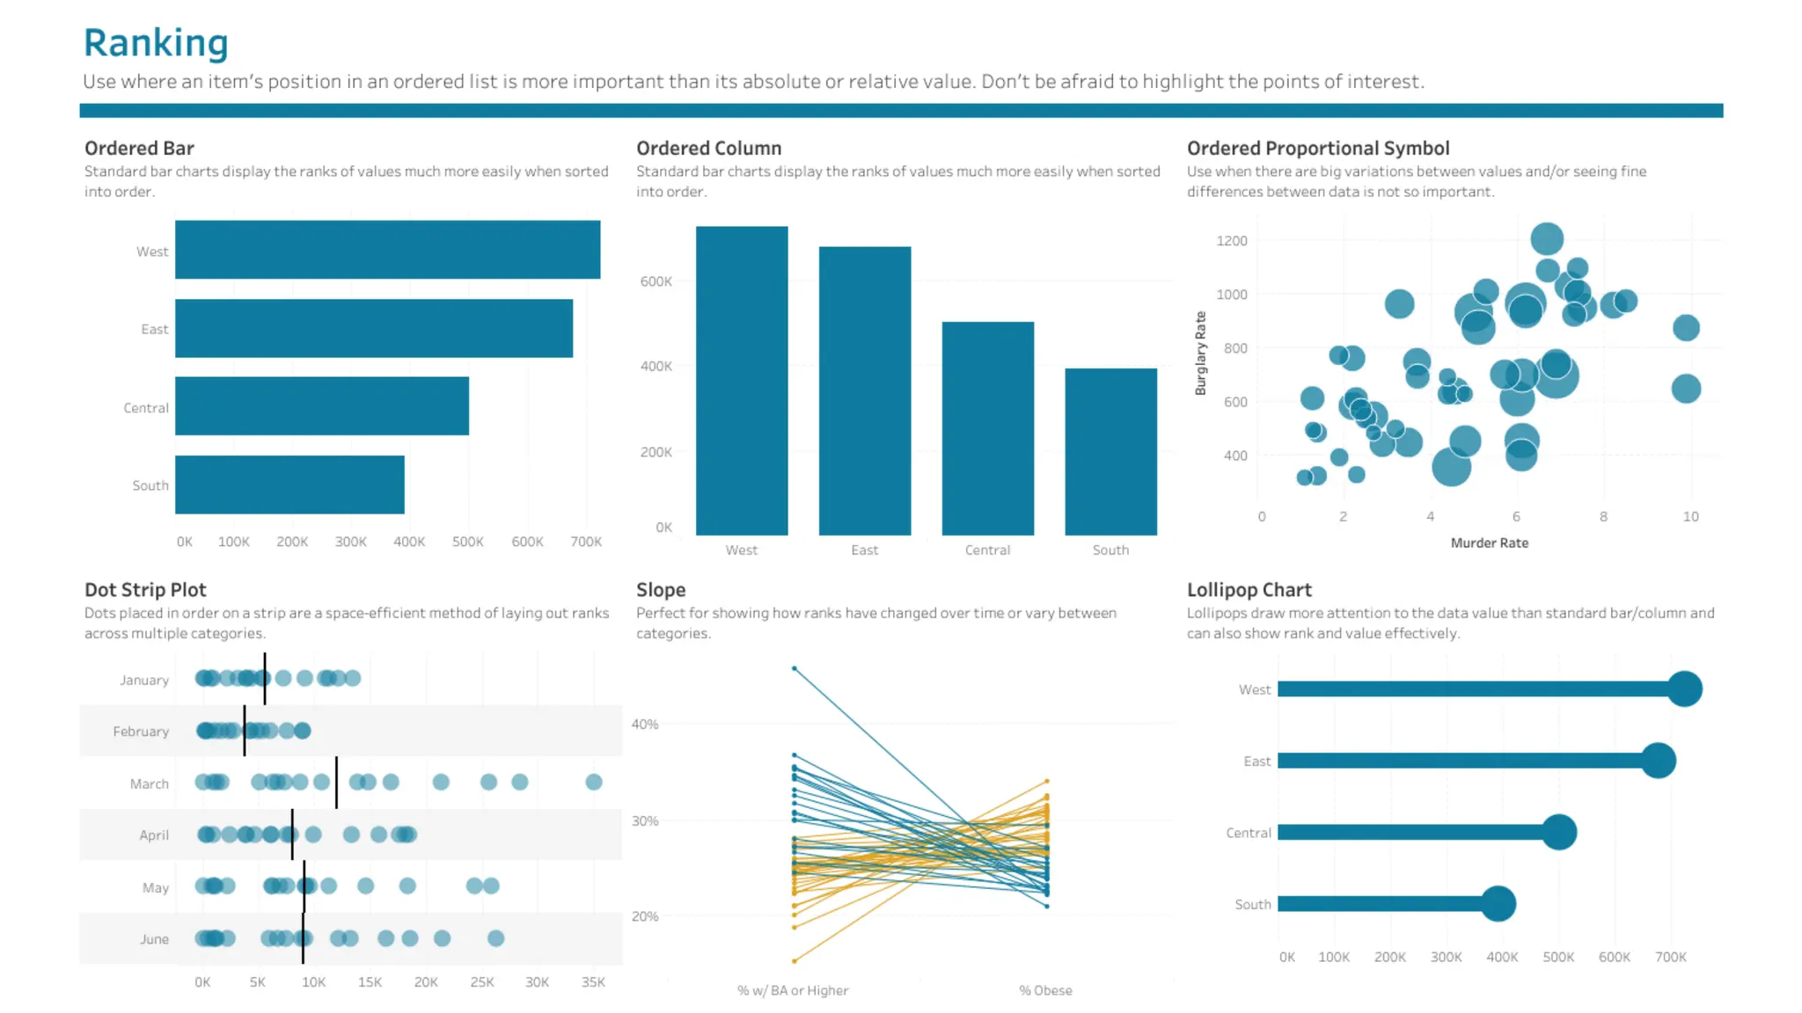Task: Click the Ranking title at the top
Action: (156, 42)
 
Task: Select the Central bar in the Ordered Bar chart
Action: (321, 406)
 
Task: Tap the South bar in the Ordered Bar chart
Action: (289, 485)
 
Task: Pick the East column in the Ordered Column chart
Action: (864, 390)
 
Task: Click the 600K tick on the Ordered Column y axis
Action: (656, 281)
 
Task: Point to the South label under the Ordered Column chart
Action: (1110, 550)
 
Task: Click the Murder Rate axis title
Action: (1489, 543)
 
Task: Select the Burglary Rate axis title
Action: (1200, 353)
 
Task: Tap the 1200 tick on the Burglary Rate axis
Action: (1231, 241)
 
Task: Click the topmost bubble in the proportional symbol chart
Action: (1546, 238)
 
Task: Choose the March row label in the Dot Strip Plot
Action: (149, 783)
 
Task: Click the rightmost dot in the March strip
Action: (594, 782)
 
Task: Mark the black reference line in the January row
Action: (264, 678)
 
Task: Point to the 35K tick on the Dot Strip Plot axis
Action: (593, 982)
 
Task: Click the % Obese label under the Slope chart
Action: (1045, 990)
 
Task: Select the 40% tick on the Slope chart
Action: (644, 724)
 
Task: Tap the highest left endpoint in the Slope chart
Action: (794, 668)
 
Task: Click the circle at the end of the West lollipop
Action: (1684, 689)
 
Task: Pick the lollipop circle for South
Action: (1498, 903)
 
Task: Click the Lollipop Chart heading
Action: (1249, 590)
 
